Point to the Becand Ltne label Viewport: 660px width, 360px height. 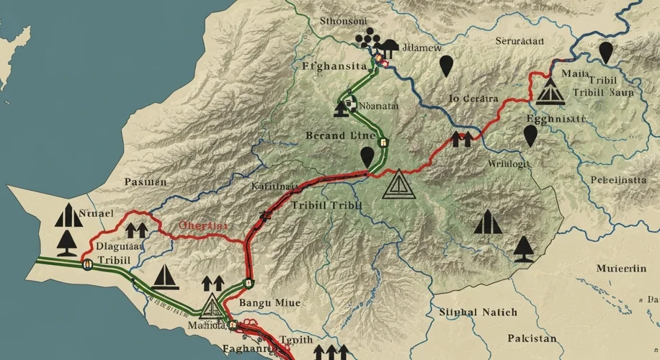(339, 135)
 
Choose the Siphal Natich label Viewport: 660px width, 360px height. (477, 312)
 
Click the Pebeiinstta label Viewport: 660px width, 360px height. (618, 181)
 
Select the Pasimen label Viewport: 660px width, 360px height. (146, 182)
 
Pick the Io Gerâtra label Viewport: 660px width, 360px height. (473, 99)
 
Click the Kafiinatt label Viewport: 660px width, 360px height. (275, 186)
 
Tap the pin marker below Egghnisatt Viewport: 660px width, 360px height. (531, 135)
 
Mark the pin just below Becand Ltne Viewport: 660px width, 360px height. (368, 156)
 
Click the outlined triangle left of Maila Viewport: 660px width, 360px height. (551, 91)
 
